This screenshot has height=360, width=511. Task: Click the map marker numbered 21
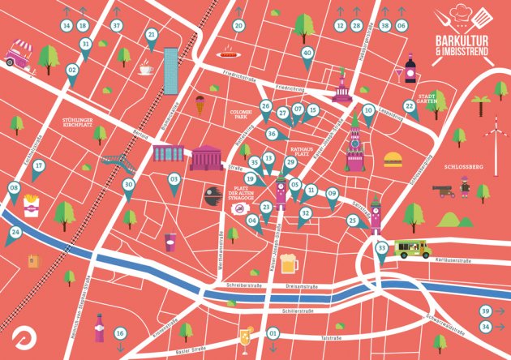click(x=152, y=35)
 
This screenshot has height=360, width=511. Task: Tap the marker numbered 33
click(x=382, y=247)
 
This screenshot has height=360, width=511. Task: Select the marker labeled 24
click(x=15, y=233)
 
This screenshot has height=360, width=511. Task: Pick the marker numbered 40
click(x=307, y=53)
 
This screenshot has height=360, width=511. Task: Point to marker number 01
click(x=273, y=333)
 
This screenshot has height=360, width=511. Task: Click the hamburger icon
click(x=393, y=159)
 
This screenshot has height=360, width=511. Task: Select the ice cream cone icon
click(x=199, y=103)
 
